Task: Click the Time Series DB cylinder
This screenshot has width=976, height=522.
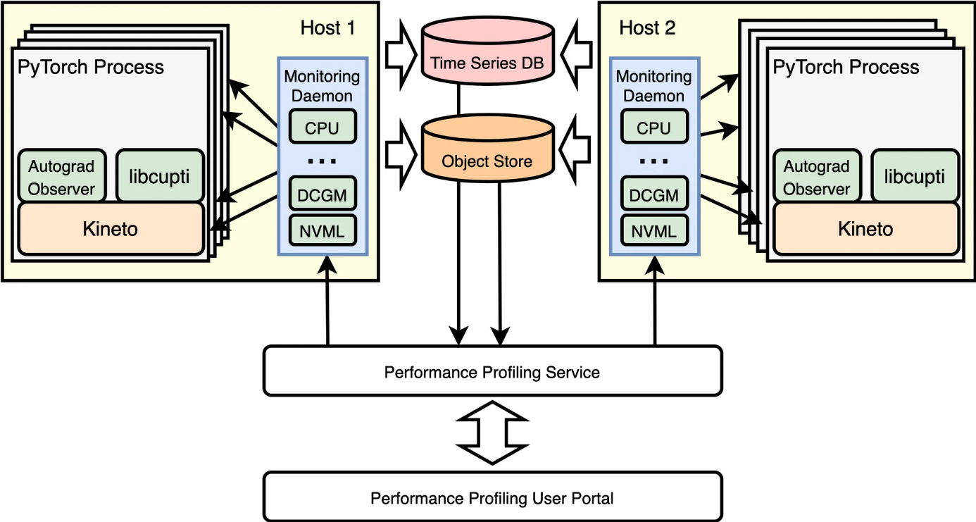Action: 487,51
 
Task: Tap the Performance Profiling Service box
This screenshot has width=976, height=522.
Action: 492,371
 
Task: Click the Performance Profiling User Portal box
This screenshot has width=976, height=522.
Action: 492,497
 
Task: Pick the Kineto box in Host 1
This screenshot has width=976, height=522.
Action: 111,229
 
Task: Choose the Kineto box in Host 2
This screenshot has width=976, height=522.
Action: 865,229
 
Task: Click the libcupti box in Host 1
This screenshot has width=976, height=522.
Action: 160,176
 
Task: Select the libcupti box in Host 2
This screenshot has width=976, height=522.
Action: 915,176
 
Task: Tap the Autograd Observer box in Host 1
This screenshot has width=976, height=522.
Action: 61,176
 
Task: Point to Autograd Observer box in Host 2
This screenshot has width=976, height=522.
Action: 817,176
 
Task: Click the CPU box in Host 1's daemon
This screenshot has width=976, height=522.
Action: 323,127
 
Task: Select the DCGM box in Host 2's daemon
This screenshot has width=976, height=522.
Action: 654,194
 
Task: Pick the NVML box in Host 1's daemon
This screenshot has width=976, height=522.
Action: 323,230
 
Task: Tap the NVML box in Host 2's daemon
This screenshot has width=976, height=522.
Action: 654,230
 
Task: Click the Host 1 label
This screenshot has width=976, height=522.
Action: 327,28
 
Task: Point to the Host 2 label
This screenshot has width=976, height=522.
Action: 647,28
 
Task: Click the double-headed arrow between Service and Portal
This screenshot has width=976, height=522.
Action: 492,433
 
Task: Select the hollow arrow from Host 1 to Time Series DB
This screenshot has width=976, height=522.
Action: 401,54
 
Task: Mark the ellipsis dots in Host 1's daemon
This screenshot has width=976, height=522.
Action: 323,161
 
